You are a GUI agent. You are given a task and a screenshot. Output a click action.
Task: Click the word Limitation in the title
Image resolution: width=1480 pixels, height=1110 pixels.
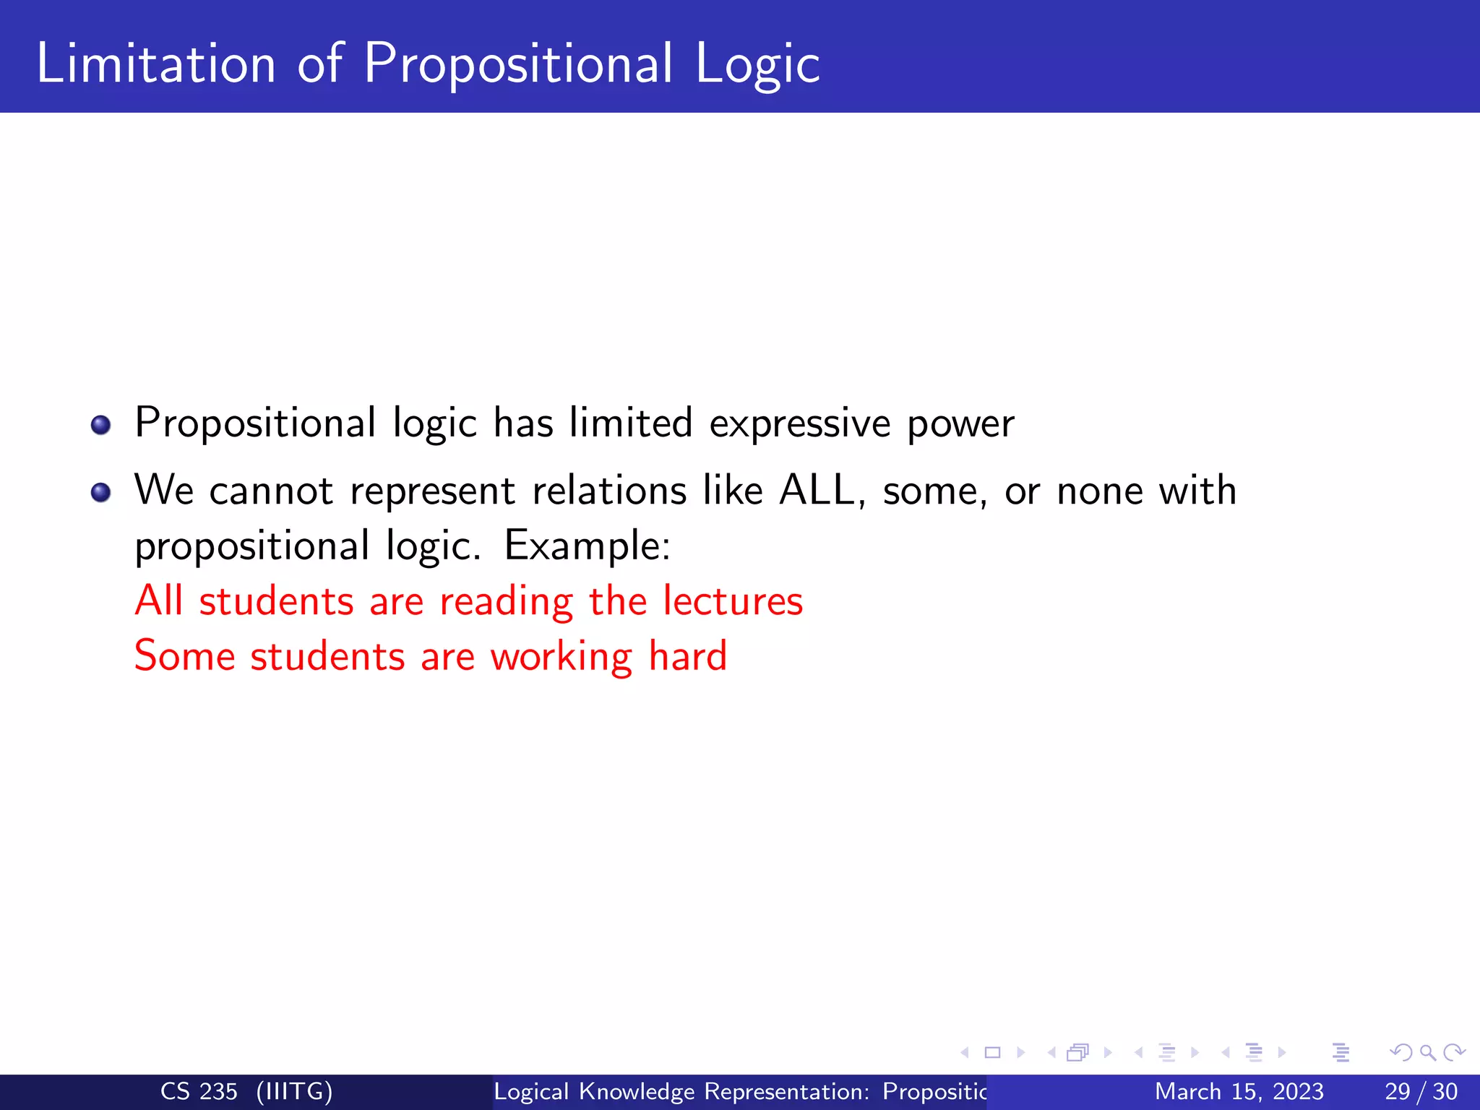[156, 64]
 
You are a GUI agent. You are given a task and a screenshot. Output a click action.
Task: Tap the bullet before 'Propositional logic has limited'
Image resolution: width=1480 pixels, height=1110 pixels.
[101, 425]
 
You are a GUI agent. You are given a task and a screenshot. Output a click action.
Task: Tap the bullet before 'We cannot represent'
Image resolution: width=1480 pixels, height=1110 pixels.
[101, 493]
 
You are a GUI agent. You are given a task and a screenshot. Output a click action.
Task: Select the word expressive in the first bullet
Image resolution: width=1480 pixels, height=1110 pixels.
[799, 423]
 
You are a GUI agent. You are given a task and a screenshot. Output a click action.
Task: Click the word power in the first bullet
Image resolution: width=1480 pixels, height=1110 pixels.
[960, 425]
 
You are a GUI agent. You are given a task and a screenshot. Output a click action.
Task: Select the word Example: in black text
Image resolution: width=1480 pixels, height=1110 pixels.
[587, 546]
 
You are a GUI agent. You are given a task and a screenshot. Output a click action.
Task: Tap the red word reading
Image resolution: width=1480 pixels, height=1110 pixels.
[506, 602]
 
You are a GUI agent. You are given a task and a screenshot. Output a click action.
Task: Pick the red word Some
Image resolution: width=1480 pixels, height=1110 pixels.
[185, 656]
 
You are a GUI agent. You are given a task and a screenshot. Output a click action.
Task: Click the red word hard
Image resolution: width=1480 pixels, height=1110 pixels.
[687, 656]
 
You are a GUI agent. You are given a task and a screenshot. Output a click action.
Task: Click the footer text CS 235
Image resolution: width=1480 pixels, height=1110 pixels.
[199, 1091]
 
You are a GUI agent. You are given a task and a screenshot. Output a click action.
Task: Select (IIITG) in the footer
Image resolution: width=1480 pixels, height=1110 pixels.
[295, 1091]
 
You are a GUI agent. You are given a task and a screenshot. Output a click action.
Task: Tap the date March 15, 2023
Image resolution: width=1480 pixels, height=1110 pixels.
[1239, 1091]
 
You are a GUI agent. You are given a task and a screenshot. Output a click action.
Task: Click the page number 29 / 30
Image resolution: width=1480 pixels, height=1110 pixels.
[1421, 1091]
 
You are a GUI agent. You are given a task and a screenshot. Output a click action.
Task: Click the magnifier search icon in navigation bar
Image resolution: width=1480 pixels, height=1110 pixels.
[1427, 1052]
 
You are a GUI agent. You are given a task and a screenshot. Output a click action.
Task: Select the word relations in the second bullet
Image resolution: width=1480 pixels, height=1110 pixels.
[609, 491]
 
